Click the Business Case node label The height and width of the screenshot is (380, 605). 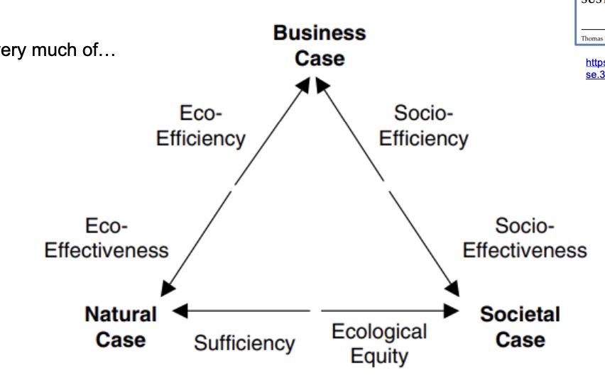click(x=319, y=45)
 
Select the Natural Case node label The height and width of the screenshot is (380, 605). click(x=121, y=327)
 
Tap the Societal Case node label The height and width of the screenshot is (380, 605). click(x=520, y=327)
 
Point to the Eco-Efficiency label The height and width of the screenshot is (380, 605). click(x=200, y=125)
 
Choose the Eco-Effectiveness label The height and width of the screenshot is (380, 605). click(x=107, y=238)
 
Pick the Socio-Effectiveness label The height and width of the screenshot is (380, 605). click(x=525, y=238)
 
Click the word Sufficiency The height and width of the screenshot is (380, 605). click(x=244, y=344)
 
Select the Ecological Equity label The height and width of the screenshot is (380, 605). click(x=379, y=343)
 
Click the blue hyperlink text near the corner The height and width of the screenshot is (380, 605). click(x=594, y=67)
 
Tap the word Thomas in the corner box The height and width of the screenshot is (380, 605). click(x=591, y=38)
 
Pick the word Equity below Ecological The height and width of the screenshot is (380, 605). click(x=379, y=355)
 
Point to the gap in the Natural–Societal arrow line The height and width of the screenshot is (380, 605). click(x=315, y=311)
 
